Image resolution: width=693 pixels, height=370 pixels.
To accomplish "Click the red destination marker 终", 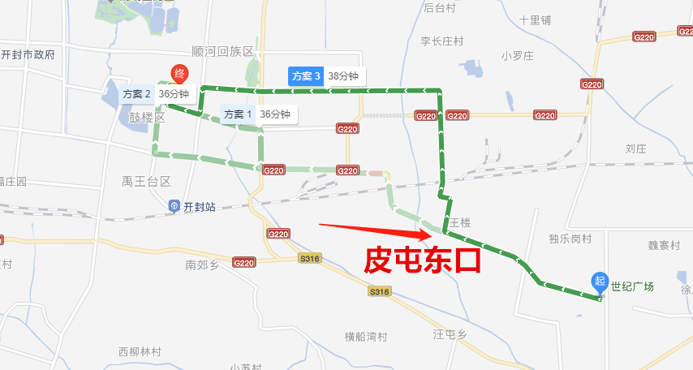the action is pyautogui.click(x=179, y=75).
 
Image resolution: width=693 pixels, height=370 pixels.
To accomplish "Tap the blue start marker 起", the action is pyautogui.click(x=600, y=282).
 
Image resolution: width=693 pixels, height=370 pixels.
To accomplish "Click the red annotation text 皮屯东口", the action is pyautogui.click(x=422, y=260).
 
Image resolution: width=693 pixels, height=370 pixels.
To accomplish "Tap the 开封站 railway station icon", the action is pyautogui.click(x=174, y=207).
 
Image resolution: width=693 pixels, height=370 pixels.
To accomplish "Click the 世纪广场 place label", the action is pyautogui.click(x=632, y=286).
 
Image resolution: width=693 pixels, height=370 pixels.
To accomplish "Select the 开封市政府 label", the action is pyautogui.click(x=28, y=55).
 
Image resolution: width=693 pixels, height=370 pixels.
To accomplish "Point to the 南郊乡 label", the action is pyautogui.click(x=203, y=265).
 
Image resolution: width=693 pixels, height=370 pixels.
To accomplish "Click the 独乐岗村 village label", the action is pyautogui.click(x=570, y=239).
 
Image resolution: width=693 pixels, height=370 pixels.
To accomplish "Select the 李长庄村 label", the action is pyautogui.click(x=442, y=41).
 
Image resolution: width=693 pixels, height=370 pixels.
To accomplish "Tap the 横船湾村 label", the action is pyautogui.click(x=366, y=338).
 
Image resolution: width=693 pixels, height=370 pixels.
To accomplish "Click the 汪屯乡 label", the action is pyautogui.click(x=450, y=334).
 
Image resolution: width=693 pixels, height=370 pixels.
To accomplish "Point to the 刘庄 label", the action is pyautogui.click(x=635, y=148).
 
